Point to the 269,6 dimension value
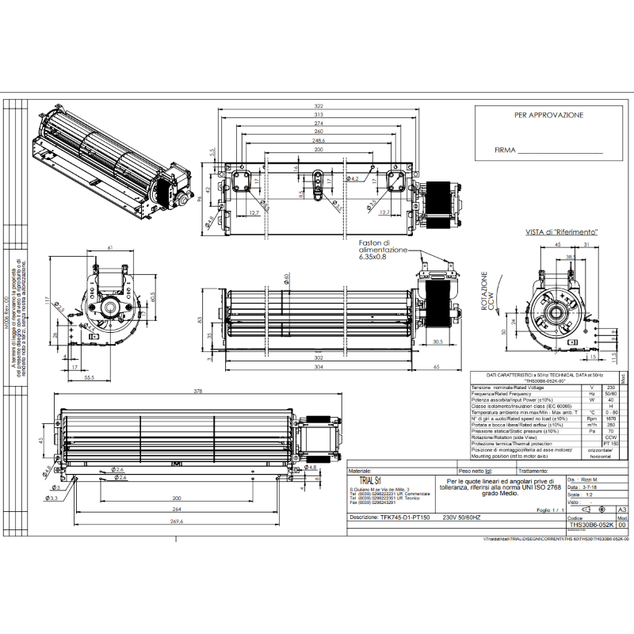pyautogui.click(x=176, y=521)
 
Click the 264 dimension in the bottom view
pyautogui.click(x=176, y=510)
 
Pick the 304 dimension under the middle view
pyautogui.click(x=319, y=367)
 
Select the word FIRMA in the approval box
pyautogui.click(x=505, y=149)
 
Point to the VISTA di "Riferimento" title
pyautogui.click(x=560, y=232)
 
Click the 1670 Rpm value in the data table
pyautogui.click(x=610, y=418)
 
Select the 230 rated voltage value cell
pyautogui.click(x=610, y=386)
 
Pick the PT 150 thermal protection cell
pyautogui.click(x=610, y=444)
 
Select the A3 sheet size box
pyautogui.click(x=621, y=510)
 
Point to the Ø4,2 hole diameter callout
pyautogui.click(x=354, y=180)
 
